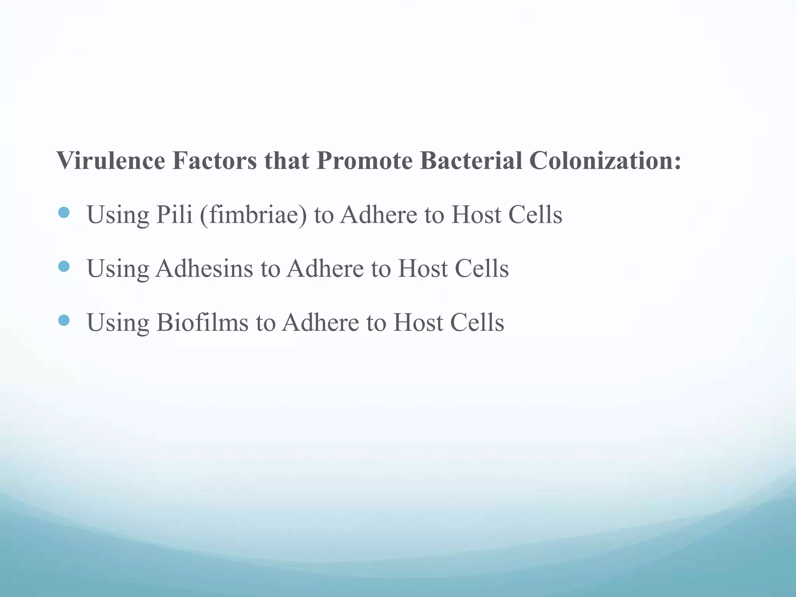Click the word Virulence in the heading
[x=111, y=161]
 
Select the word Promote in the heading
[x=364, y=161]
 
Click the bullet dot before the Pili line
[x=64, y=213]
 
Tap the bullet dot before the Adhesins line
[x=64, y=267]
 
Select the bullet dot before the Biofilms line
[x=64, y=320]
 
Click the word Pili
[x=174, y=215]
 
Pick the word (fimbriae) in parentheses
[x=253, y=215]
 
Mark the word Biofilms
[x=202, y=323]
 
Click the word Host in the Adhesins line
[x=422, y=269]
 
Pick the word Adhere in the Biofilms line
[x=321, y=323]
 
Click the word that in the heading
[x=287, y=161]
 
